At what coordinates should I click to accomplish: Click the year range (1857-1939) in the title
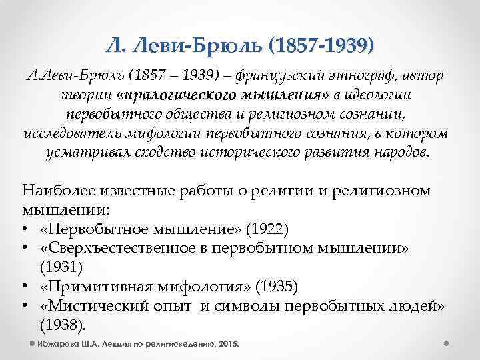(319, 45)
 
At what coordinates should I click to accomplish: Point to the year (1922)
(267, 230)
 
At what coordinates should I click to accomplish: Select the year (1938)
(62, 325)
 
